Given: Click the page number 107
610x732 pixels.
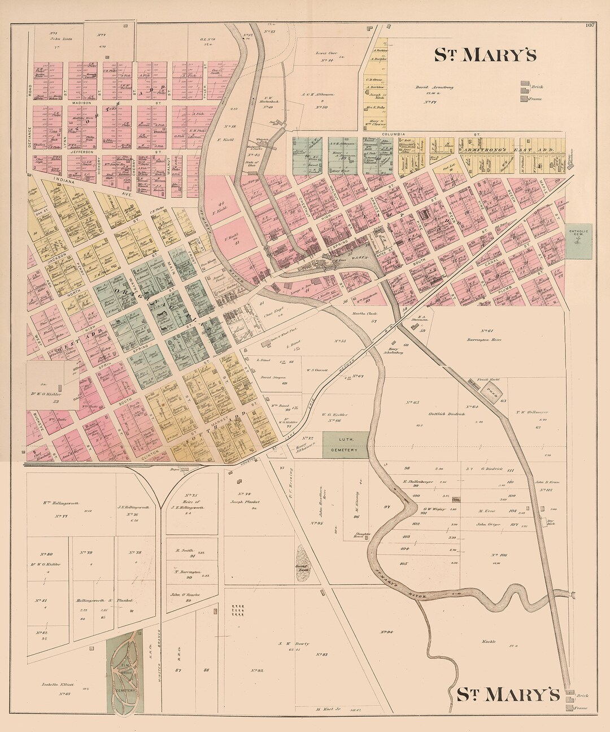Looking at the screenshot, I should pyautogui.click(x=591, y=24).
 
